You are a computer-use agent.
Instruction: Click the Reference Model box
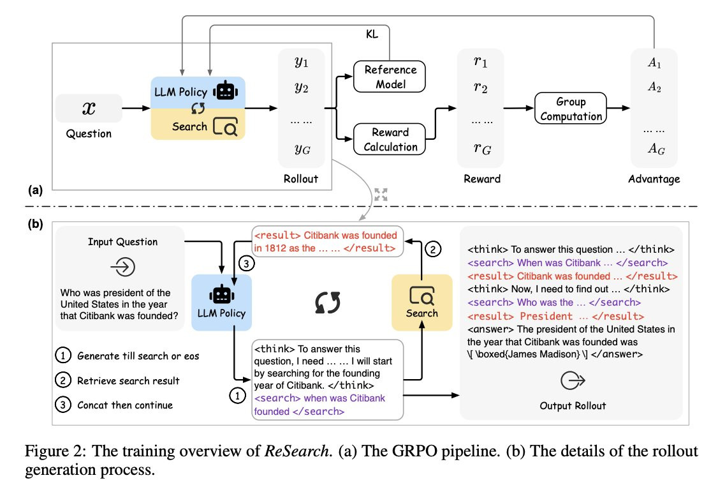(x=389, y=77)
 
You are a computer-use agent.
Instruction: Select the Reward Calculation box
(x=389, y=139)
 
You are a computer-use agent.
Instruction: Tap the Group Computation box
(x=571, y=108)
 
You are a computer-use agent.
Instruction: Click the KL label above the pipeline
(x=372, y=34)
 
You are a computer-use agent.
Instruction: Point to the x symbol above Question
(x=89, y=108)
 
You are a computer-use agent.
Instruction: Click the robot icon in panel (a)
(x=225, y=90)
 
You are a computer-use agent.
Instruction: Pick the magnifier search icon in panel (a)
(x=225, y=126)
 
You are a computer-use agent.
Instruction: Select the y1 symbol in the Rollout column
(x=302, y=62)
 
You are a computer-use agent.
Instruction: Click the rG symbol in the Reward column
(x=482, y=149)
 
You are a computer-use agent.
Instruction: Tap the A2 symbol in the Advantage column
(x=654, y=87)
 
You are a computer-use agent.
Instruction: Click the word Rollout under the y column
(x=300, y=179)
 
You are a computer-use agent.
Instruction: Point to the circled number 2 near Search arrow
(x=433, y=249)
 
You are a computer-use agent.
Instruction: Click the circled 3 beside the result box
(x=246, y=264)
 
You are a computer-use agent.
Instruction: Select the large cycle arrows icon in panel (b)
(x=327, y=303)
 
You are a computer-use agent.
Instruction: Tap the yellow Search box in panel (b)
(x=421, y=303)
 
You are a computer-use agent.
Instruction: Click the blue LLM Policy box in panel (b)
(x=222, y=303)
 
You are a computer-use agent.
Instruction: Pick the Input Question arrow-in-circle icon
(x=122, y=267)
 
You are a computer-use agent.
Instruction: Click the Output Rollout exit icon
(x=573, y=380)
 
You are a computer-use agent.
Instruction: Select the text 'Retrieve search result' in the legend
(x=128, y=380)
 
